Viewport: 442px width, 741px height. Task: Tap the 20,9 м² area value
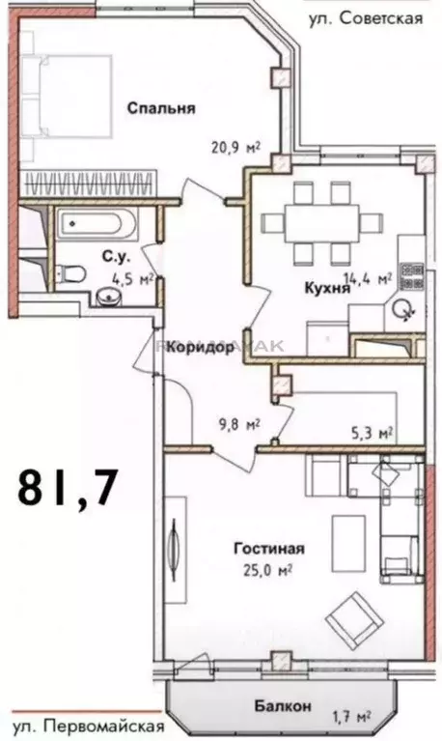point(237,149)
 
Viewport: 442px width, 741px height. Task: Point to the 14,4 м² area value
point(370,278)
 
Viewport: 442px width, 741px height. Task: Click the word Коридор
point(199,348)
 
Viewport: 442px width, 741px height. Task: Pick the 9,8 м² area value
point(238,423)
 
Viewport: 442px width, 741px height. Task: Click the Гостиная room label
point(267,549)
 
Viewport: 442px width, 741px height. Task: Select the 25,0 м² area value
point(269,570)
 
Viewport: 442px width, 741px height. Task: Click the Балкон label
point(283,706)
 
